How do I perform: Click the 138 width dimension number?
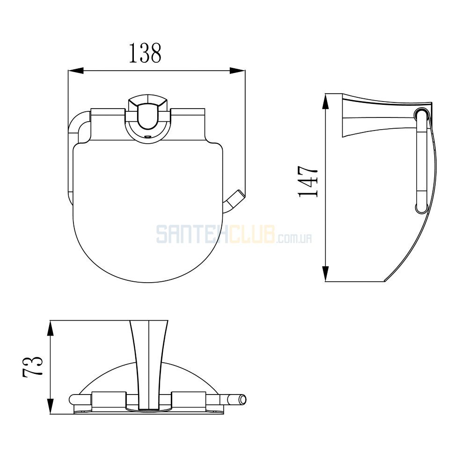click(145, 53)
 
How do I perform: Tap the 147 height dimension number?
click(308, 182)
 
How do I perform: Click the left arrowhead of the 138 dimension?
click(76, 71)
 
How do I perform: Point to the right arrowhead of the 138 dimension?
click(237, 71)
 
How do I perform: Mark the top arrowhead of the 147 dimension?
click(326, 101)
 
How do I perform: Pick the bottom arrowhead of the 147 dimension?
click(326, 274)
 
